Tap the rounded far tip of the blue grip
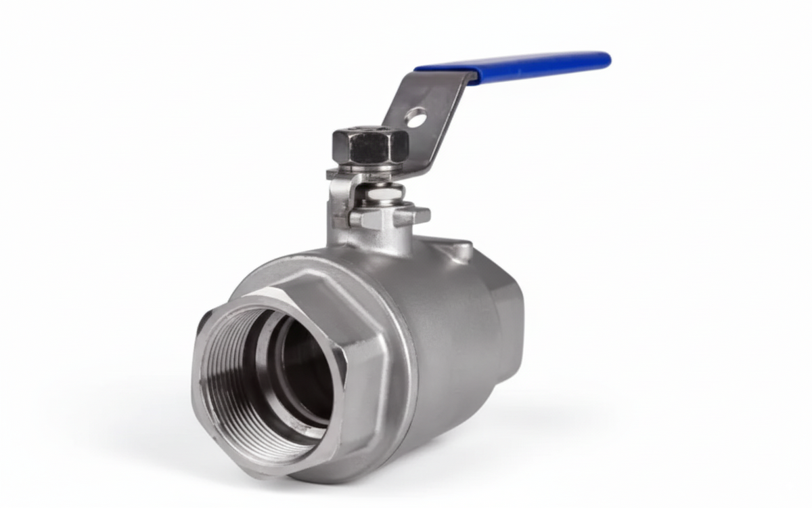click(x=606, y=60)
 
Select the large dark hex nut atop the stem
click(x=370, y=144)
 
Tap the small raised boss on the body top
click(x=460, y=251)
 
